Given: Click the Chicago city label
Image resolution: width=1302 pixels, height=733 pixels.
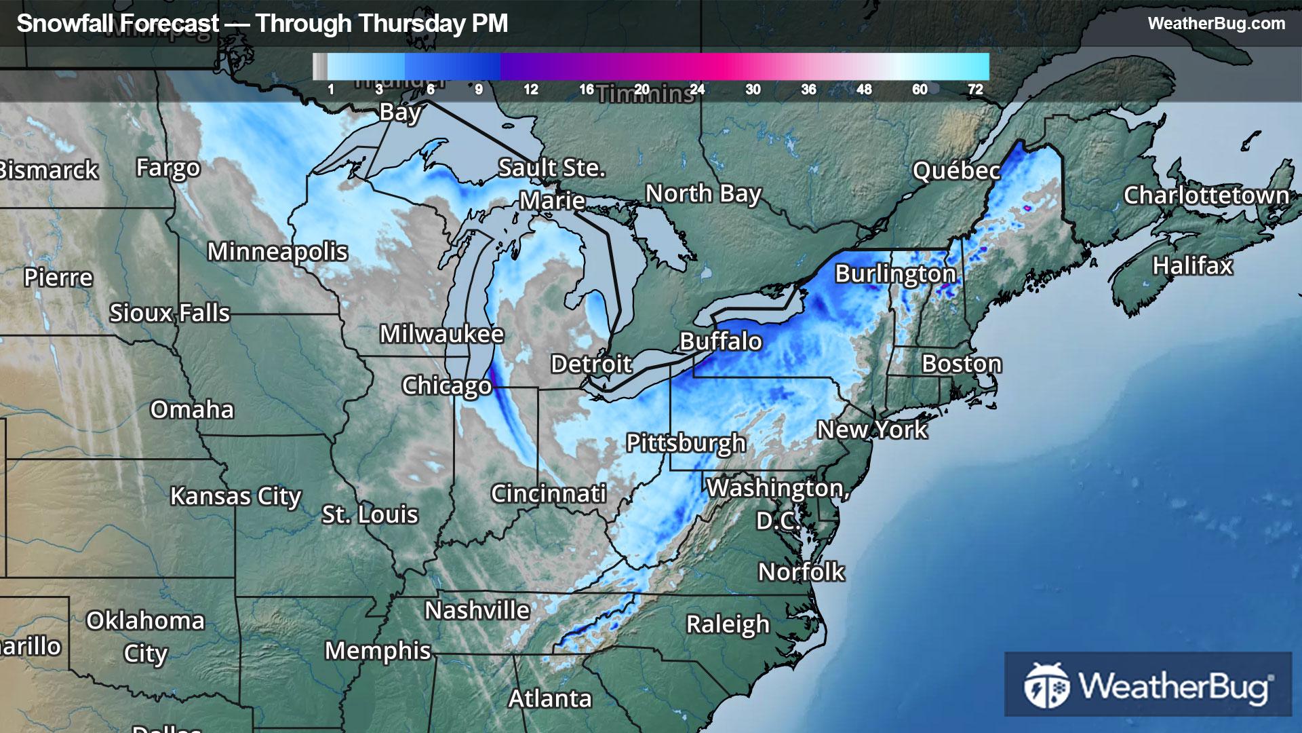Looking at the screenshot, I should [x=446, y=386].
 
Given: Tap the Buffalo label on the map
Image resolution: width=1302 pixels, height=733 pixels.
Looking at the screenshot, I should [x=720, y=341].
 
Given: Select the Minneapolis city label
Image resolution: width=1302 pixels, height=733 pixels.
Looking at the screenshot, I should [x=277, y=252].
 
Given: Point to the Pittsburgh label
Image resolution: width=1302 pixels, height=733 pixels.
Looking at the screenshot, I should [x=686, y=443].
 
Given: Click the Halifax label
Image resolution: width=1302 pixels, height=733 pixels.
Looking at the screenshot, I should [x=1192, y=265].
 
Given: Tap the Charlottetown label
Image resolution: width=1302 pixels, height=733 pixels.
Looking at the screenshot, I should [x=1206, y=195].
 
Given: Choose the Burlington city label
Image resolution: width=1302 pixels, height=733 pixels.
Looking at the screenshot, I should [x=895, y=274].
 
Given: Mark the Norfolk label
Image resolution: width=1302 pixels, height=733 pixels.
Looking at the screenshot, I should [x=801, y=572].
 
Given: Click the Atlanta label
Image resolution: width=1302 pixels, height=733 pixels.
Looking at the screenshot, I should [x=550, y=698].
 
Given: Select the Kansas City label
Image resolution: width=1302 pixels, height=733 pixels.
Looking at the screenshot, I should [x=235, y=496].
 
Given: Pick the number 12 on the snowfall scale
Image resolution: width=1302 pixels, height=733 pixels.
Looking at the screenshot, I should [x=530, y=90].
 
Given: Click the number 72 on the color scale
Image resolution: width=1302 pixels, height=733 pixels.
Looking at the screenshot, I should [x=975, y=90].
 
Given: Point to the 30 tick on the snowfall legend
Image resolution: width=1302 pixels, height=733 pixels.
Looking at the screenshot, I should [x=753, y=90].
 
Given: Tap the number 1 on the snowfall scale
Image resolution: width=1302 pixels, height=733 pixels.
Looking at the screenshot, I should [x=331, y=90].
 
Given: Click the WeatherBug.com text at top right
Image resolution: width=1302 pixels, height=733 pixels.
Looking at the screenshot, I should [x=1216, y=24].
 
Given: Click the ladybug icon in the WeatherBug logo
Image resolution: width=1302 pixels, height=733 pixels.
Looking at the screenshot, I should [x=1046, y=685].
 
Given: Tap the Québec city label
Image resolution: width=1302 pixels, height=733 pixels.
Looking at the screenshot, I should [x=956, y=171].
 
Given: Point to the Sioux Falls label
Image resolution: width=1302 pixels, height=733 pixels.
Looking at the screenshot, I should [x=170, y=314].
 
